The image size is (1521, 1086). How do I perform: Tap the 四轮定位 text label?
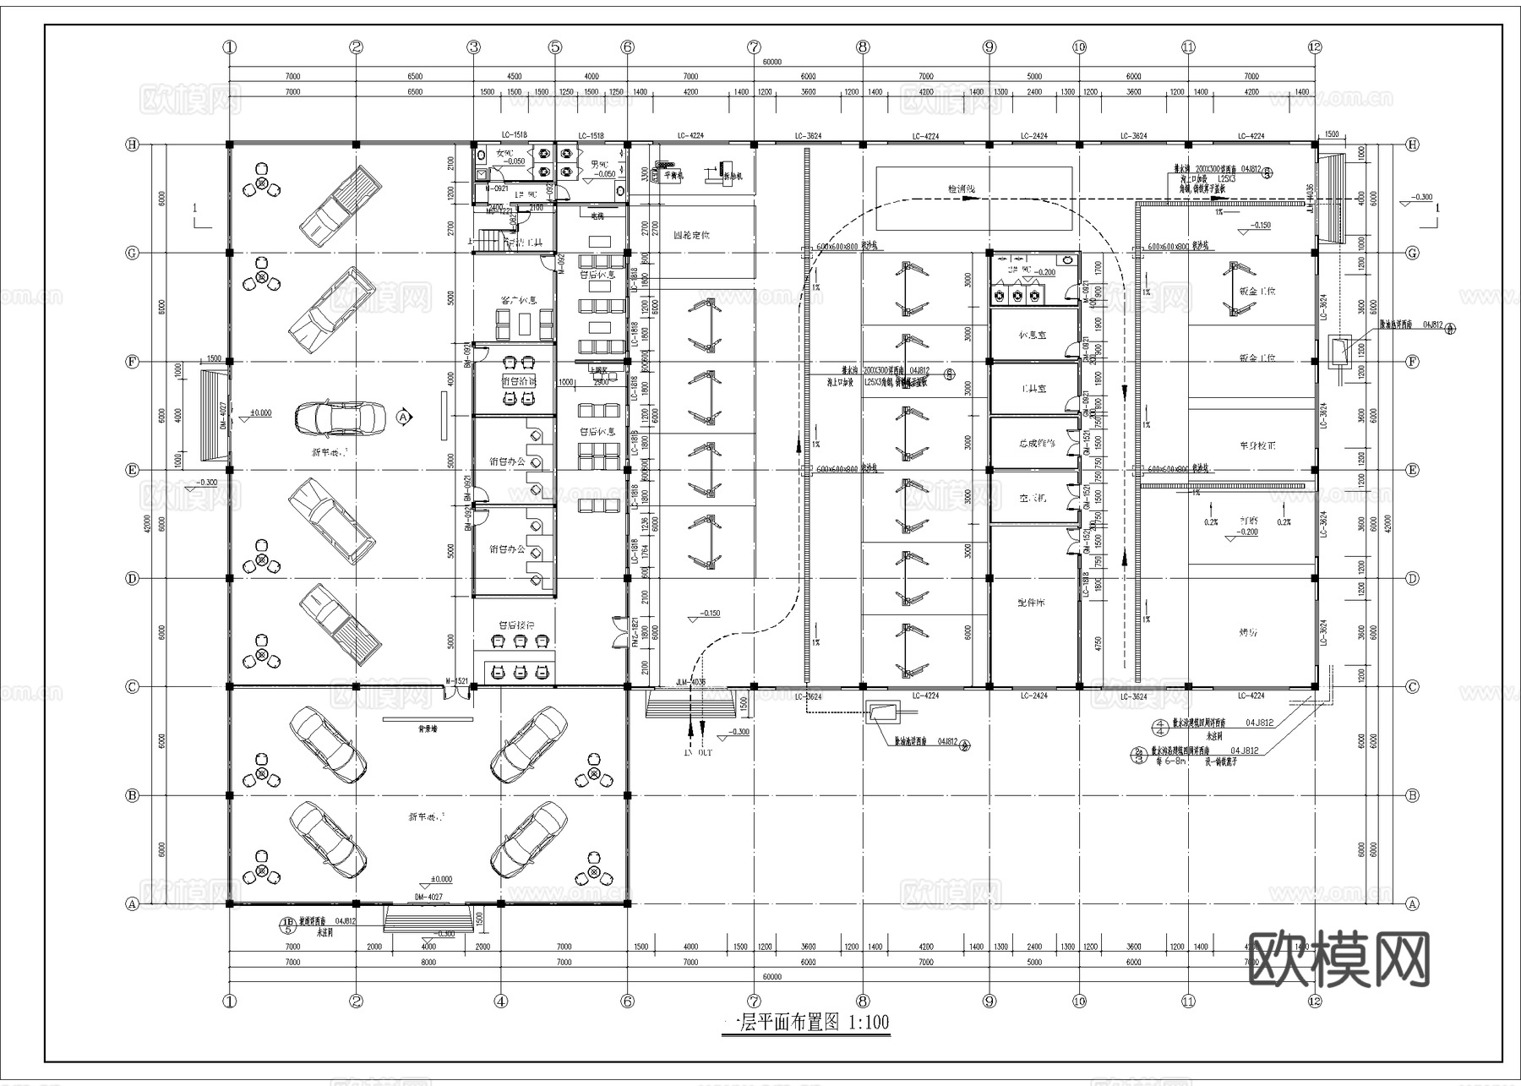click(x=691, y=235)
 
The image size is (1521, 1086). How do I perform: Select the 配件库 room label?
click(x=1032, y=603)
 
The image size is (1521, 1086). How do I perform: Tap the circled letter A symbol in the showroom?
click(x=403, y=417)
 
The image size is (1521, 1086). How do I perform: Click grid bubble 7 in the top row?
click(x=754, y=47)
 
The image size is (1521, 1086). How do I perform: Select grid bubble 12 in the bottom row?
click(x=1313, y=1001)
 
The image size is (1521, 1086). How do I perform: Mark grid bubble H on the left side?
click(x=132, y=145)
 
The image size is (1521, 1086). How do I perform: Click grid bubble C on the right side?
click(x=1412, y=687)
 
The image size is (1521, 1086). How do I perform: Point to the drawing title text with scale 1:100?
click(x=807, y=1023)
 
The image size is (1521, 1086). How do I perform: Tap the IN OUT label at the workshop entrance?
click(x=698, y=752)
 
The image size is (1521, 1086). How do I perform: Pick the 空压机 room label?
click(x=1032, y=498)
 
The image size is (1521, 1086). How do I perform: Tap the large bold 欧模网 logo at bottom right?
click(x=1338, y=960)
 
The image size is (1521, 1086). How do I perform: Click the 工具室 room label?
click(x=1033, y=389)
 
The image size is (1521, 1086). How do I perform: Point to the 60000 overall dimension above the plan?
click(x=771, y=62)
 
